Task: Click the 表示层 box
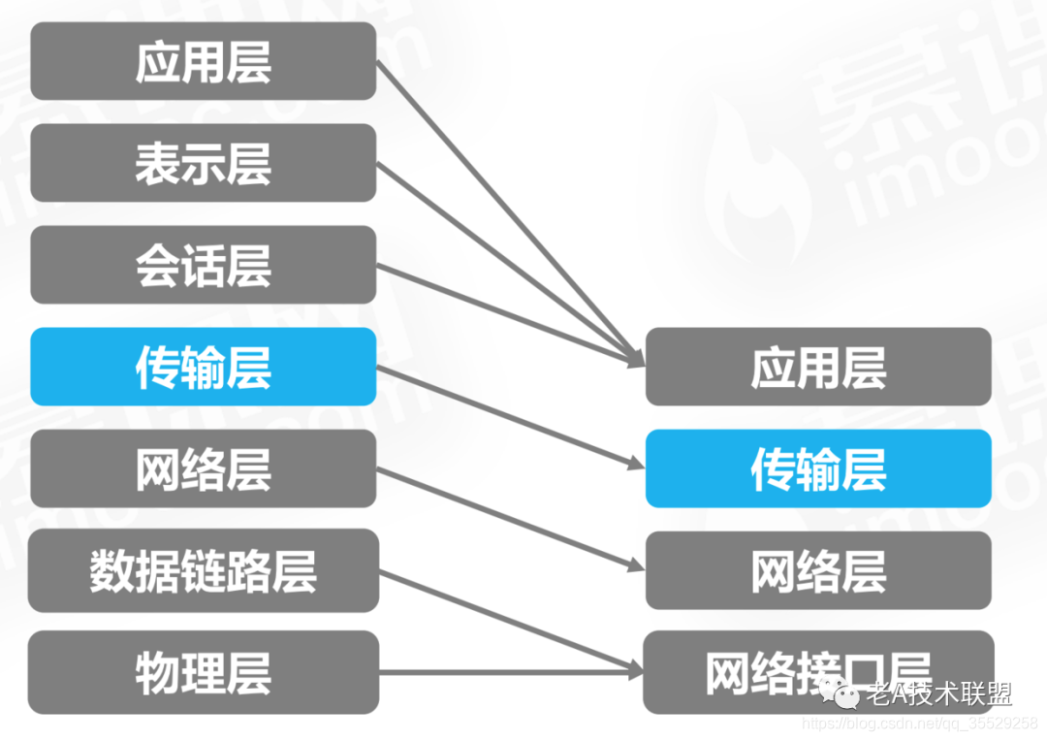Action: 203,163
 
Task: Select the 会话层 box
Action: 203,265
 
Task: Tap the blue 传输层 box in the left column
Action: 203,367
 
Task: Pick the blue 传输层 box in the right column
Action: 818,468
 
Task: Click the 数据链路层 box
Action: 203,570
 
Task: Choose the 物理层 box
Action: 203,672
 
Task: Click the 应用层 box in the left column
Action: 203,61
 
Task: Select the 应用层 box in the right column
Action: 818,367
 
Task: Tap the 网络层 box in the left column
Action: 203,468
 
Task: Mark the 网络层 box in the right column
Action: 818,570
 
